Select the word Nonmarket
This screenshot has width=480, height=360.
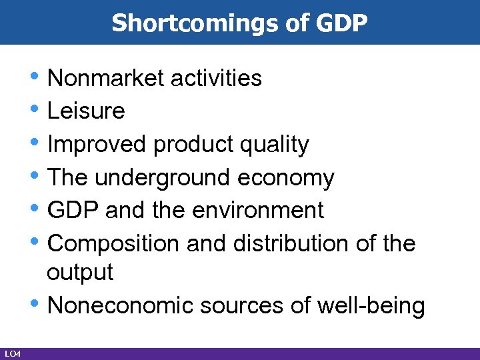coord(107,78)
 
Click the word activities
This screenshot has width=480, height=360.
coord(217,78)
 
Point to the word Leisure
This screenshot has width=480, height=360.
coord(87,111)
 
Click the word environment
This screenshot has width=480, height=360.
coord(257,210)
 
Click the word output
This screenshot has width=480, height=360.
coord(80,272)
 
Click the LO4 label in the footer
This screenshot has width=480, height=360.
coord(11,353)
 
